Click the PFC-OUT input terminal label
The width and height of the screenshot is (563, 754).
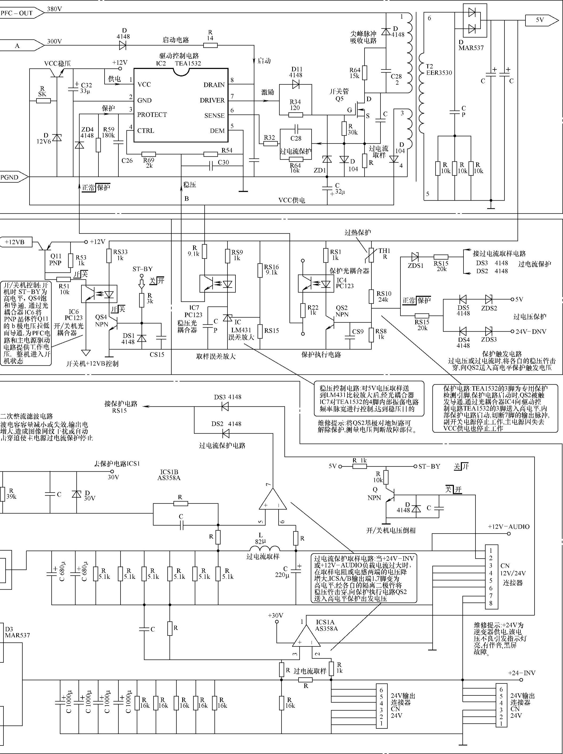[17, 13]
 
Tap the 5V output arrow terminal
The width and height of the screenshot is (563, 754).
[541, 20]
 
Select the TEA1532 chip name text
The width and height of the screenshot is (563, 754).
[188, 63]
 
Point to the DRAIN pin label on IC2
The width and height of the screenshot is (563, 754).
[214, 85]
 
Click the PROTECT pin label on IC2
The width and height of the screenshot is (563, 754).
[152, 115]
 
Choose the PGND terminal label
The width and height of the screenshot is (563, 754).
[10, 177]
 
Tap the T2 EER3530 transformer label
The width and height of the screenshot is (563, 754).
[439, 69]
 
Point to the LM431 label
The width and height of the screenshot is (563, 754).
[241, 330]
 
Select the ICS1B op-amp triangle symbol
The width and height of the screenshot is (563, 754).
[272, 500]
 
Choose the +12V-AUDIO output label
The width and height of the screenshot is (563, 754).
[508, 527]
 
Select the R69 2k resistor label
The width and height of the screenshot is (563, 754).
[149, 163]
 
